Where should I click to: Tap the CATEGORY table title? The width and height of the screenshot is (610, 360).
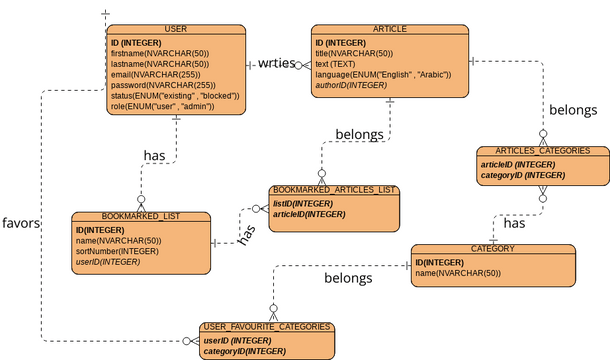492,248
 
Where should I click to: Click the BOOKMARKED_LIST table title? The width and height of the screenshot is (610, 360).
141,216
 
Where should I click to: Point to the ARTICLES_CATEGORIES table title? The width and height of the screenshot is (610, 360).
542,151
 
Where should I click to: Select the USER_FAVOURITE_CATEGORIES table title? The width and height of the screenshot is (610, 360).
266,327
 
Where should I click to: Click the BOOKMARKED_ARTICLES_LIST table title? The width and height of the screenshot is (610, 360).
334,189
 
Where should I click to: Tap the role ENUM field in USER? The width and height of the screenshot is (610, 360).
163,106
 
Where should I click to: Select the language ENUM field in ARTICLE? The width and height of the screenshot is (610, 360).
383,74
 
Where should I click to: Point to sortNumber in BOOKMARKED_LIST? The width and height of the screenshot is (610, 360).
117,251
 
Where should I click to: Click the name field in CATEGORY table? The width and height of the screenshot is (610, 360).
457,273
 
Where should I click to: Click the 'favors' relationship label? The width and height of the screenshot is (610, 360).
20,222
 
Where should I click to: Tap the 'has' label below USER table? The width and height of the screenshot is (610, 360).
155,155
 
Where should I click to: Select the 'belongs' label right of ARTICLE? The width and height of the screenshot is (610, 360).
573,109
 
